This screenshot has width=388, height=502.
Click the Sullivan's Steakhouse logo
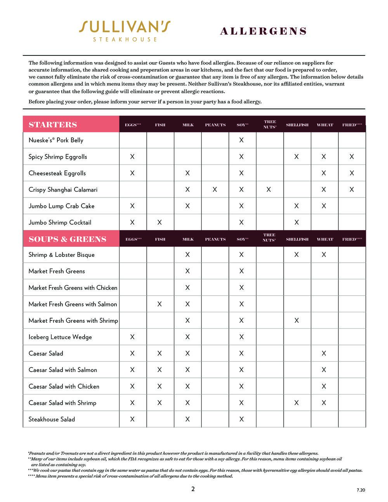(x=125, y=31)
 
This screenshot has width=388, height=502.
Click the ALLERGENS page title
(x=263, y=31)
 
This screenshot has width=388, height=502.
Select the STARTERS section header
(x=53, y=125)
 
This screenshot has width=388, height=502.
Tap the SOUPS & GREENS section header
(x=67, y=239)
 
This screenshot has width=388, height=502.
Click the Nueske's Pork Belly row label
(x=56, y=140)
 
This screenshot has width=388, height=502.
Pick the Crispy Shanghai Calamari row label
(x=63, y=190)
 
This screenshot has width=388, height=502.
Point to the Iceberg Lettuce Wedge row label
(x=60, y=337)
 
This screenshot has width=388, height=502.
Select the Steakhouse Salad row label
(x=52, y=419)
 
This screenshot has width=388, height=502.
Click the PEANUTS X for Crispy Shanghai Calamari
(x=215, y=190)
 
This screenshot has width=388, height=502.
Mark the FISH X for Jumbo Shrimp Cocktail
(x=159, y=222)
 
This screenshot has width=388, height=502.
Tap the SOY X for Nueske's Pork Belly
(x=241, y=140)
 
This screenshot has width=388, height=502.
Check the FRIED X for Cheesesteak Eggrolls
(x=352, y=173)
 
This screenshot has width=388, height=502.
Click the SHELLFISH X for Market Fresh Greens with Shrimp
(x=296, y=320)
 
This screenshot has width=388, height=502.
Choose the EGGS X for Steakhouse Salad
(x=132, y=419)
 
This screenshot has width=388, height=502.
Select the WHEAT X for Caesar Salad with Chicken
(x=324, y=386)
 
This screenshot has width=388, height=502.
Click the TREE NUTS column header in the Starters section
(x=270, y=125)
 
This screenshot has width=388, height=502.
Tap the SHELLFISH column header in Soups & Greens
(x=297, y=239)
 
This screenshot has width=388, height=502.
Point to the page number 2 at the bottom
(x=193, y=489)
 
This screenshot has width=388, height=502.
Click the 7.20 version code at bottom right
(x=361, y=490)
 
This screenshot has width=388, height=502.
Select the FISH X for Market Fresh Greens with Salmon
(x=159, y=304)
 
